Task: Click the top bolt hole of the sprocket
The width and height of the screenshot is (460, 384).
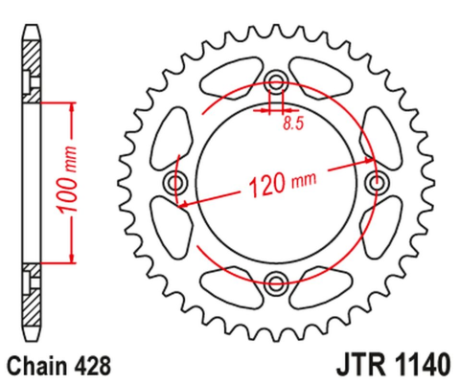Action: coord(276,80)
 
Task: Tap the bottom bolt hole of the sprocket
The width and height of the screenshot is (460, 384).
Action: coord(276,282)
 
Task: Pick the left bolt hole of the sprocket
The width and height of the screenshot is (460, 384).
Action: coord(174,182)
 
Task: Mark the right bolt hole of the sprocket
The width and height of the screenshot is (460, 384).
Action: coord(377,182)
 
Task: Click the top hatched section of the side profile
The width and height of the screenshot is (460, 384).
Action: coord(33,73)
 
